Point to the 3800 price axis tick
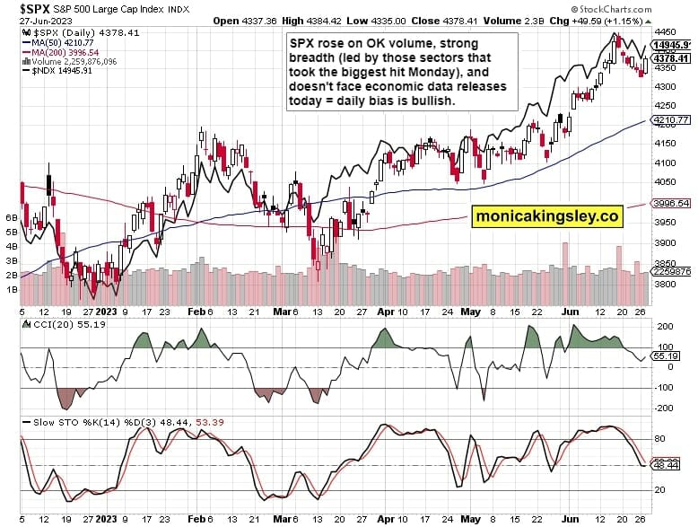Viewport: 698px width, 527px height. (x=665, y=284)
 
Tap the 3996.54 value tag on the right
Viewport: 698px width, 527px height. (x=671, y=204)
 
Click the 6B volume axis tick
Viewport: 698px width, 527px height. (x=13, y=218)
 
